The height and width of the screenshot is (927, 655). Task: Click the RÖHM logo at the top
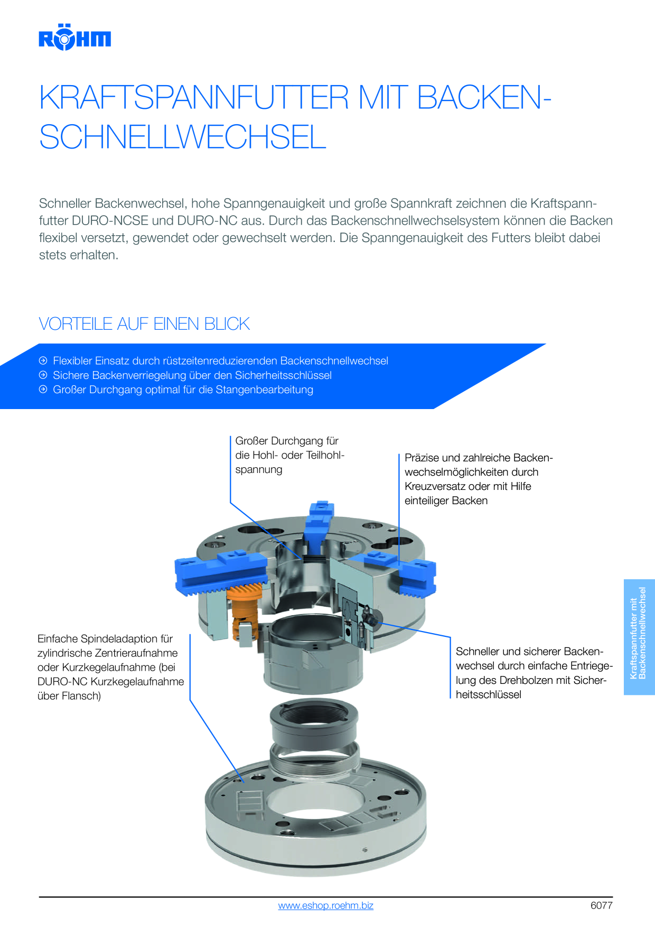[x=74, y=37]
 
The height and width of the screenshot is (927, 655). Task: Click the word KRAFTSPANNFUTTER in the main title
[x=194, y=97]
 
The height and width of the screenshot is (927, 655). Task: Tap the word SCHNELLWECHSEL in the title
[x=183, y=137]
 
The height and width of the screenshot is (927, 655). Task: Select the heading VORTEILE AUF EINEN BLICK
[x=144, y=323]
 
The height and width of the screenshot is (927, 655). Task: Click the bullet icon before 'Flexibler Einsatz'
[x=43, y=360]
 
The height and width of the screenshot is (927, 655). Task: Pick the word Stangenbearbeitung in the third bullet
[x=264, y=390]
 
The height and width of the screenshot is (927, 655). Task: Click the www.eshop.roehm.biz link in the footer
[x=326, y=905]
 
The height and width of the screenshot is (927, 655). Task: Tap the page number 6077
[x=602, y=905]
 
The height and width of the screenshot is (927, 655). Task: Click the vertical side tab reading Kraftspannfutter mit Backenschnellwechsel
[x=639, y=637]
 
